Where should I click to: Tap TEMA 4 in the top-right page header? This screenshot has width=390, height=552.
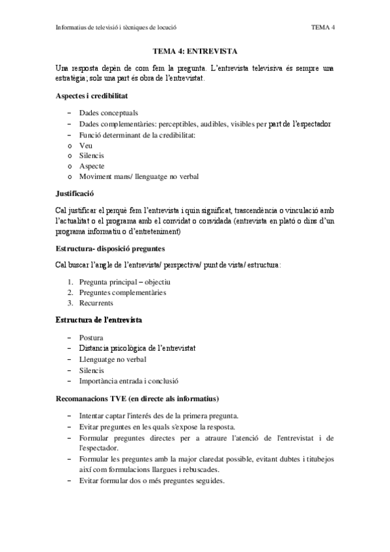point(323,27)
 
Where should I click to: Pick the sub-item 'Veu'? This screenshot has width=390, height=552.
point(85,145)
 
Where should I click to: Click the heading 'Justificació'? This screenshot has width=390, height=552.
point(76,193)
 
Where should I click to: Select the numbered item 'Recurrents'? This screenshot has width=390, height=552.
point(96,303)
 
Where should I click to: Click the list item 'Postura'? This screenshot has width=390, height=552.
point(91,337)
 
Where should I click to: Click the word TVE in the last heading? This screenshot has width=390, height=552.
point(122,398)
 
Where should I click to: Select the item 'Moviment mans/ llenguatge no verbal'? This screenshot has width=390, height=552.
point(139,176)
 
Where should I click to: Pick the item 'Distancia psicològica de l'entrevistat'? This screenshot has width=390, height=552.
point(137,348)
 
